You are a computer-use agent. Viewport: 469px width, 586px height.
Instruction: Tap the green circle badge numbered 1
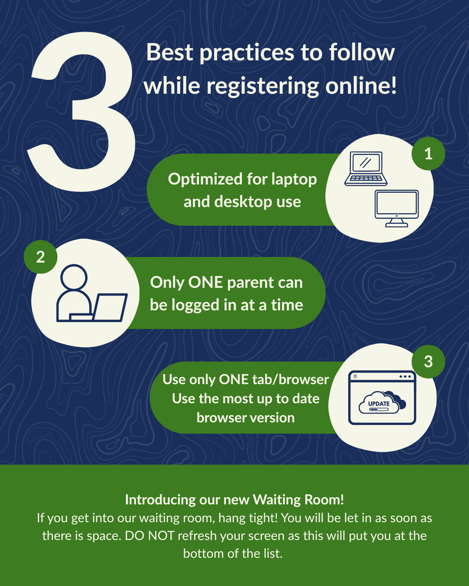[428, 154]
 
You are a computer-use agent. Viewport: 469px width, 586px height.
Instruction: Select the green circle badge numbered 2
[40, 257]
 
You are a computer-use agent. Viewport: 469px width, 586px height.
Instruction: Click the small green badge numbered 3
[428, 362]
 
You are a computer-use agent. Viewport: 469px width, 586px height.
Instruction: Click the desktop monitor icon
[397, 208]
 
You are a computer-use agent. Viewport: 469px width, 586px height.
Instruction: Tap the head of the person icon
[74, 277]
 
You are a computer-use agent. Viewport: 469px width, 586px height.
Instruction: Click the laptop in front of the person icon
[109, 307]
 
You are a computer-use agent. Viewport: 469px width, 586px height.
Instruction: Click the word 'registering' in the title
[263, 86]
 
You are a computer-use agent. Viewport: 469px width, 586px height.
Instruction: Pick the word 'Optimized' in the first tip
[205, 179]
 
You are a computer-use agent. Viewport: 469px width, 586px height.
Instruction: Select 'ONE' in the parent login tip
[205, 283]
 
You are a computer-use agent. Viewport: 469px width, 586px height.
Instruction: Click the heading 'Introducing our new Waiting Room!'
[234, 500]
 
